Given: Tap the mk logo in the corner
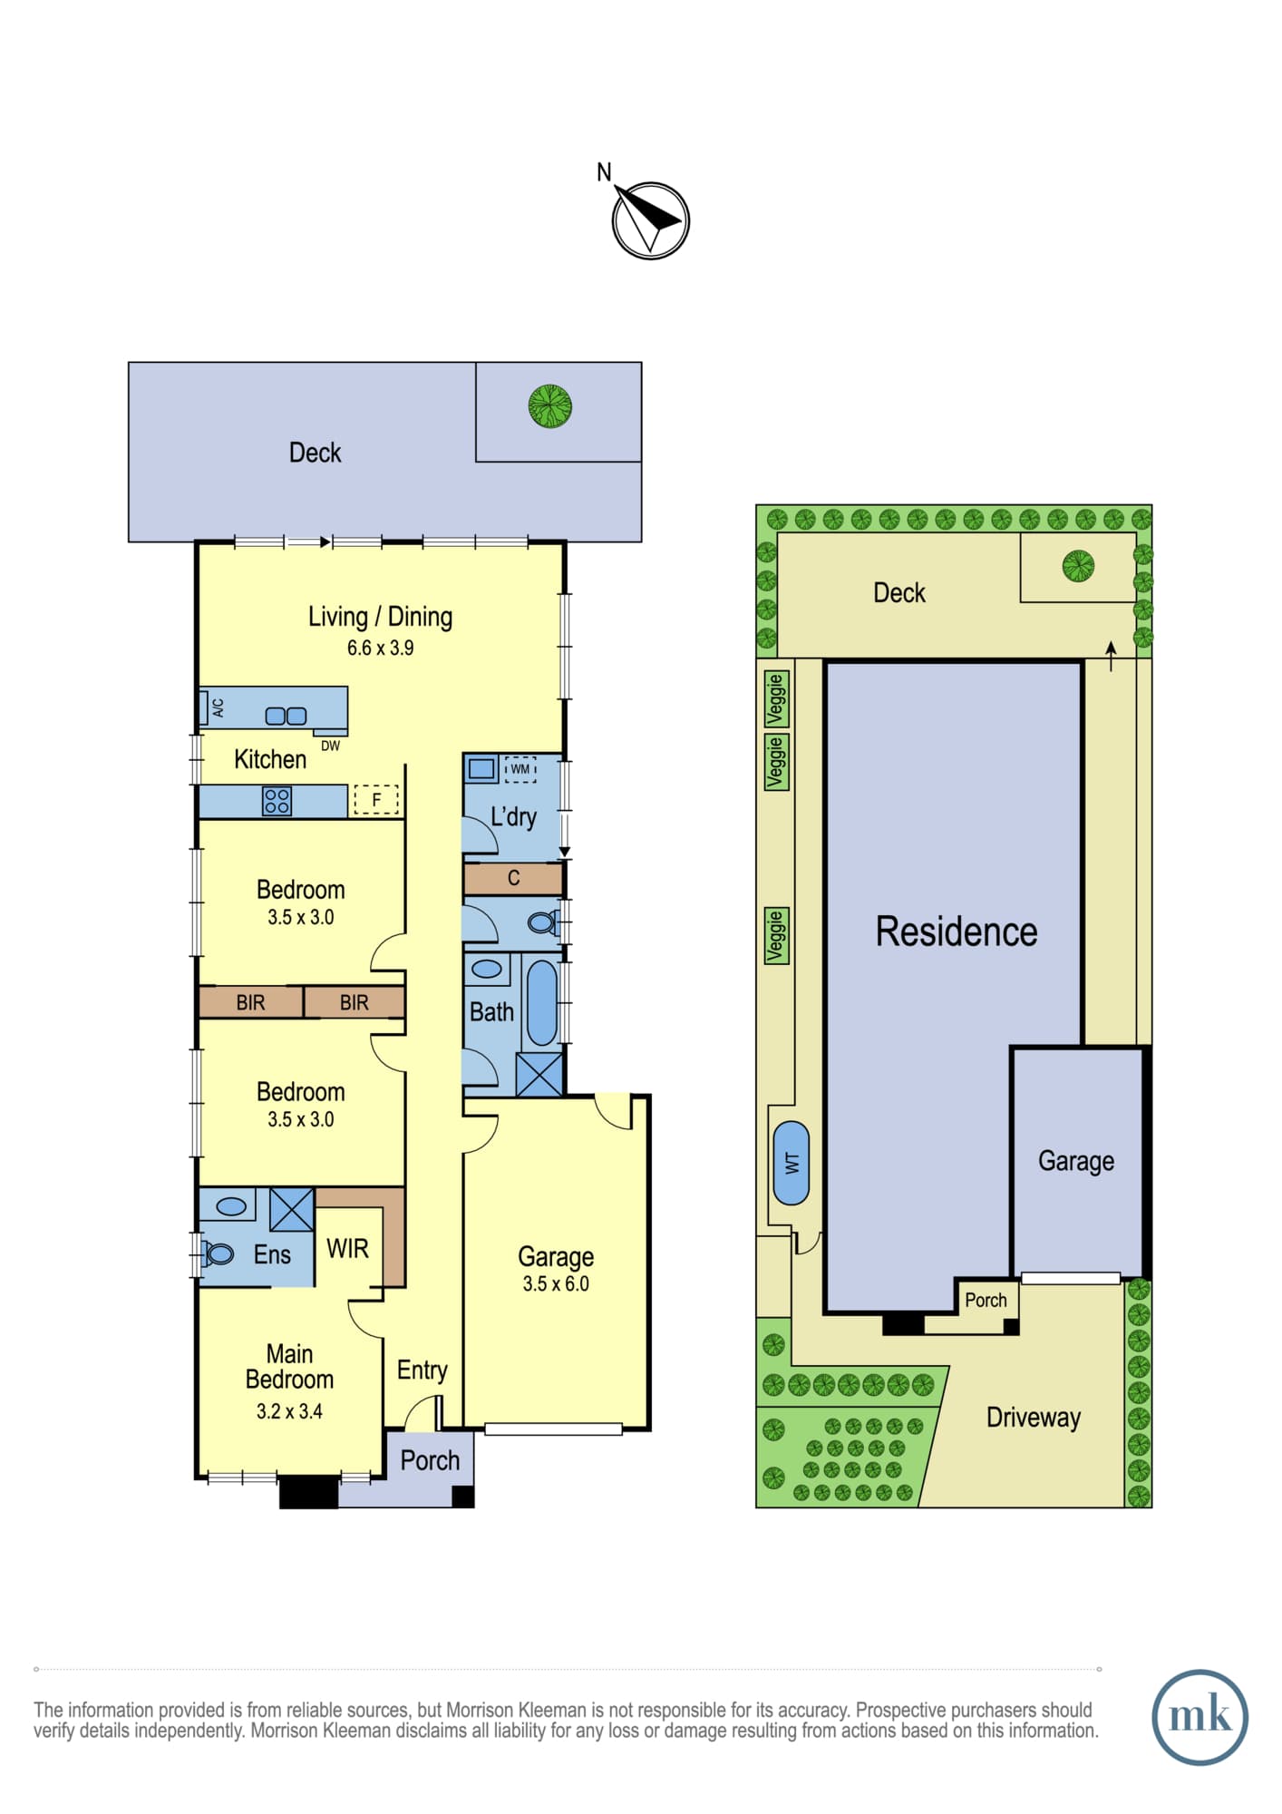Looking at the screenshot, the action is click(x=1199, y=1717).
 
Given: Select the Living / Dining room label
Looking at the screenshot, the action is click(x=380, y=617).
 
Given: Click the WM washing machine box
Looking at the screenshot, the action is click(x=520, y=769).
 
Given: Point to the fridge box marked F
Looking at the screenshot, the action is click(x=376, y=799).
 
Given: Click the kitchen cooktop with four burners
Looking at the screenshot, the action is click(x=277, y=801).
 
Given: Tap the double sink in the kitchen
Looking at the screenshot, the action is click(x=286, y=716).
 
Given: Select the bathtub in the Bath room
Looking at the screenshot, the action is click(x=542, y=1002).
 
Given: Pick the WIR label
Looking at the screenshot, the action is click(x=347, y=1249).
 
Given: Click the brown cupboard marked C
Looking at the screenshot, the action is click(x=513, y=878).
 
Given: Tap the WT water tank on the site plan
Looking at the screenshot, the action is click(x=792, y=1163).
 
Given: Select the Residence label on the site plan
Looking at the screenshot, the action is click(x=956, y=931).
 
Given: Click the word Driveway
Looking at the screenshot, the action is click(x=1034, y=1418).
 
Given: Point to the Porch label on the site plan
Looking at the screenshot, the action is click(x=986, y=1300).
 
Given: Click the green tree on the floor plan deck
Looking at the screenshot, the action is click(x=550, y=405).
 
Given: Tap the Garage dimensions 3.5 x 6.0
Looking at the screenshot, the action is click(x=556, y=1283).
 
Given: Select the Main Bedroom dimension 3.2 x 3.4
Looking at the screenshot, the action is click(x=289, y=1410).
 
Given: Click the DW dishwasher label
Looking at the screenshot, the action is click(x=330, y=746).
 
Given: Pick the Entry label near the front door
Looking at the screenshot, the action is click(x=422, y=1370).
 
